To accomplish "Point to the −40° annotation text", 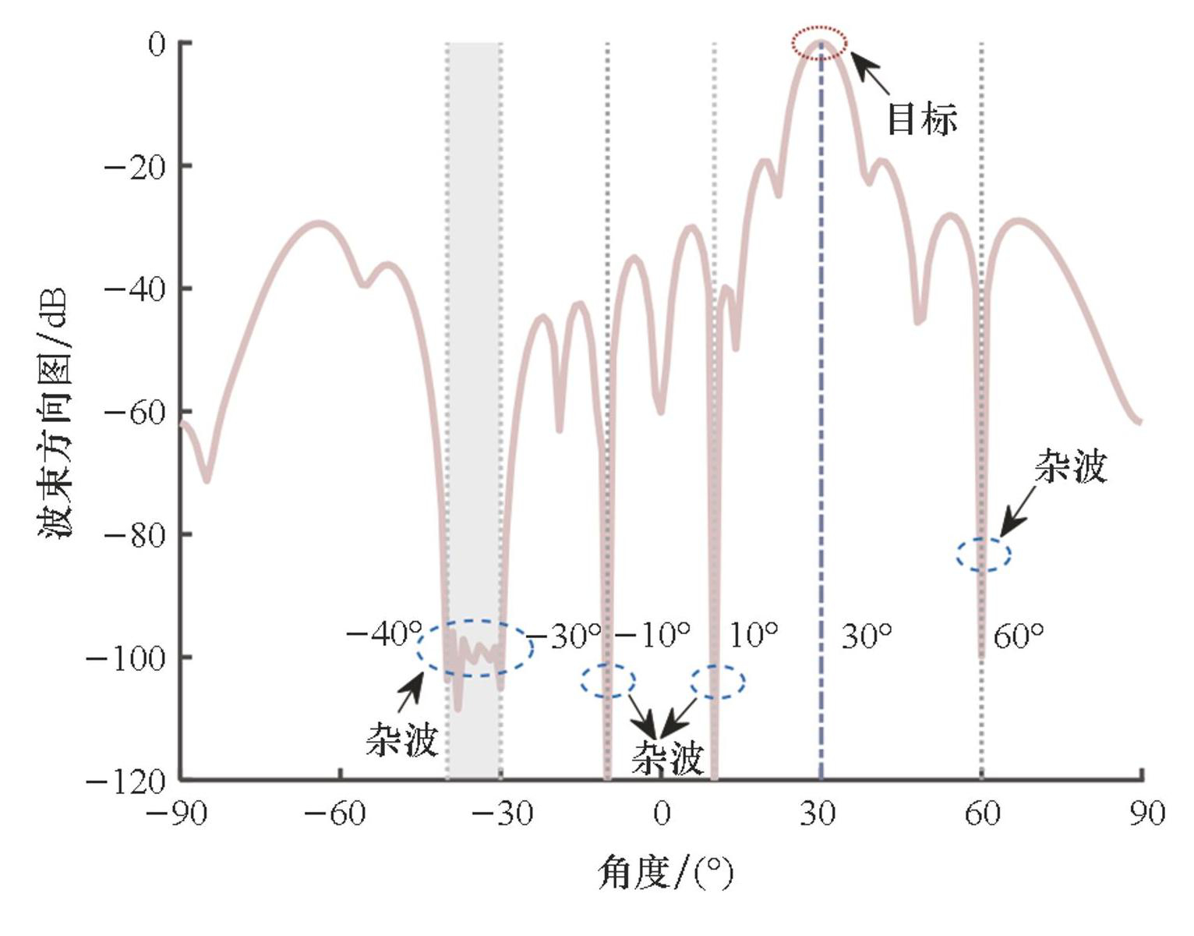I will tap(383, 633).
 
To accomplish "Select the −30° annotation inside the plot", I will tap(567, 636).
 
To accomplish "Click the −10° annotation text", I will tap(653, 635).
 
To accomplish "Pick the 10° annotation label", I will tap(753, 635).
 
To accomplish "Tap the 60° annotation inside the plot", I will tap(1018, 636).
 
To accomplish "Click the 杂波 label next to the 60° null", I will tap(1070, 468).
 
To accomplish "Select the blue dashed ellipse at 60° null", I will tap(984, 555).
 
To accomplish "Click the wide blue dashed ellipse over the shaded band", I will tap(475, 647).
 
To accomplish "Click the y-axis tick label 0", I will tap(157, 44).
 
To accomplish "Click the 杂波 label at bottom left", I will tap(402, 738).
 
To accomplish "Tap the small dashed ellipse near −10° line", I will tap(608, 681).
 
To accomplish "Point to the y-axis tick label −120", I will tap(127, 781).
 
